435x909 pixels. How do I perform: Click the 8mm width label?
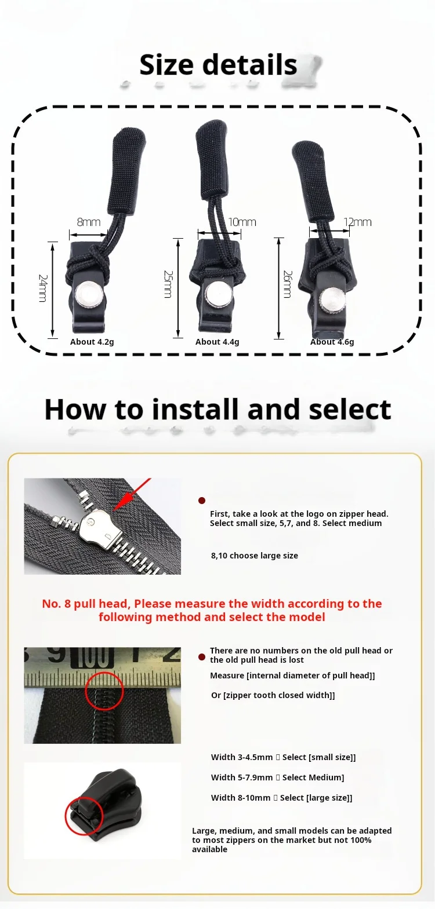pyautogui.click(x=89, y=222)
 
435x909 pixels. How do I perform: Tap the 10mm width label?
pyautogui.click(x=242, y=222)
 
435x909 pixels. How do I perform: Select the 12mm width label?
pyautogui.click(x=357, y=222)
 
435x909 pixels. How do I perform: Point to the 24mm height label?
pyautogui.click(x=43, y=288)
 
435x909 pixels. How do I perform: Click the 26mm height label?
pyautogui.click(x=288, y=284)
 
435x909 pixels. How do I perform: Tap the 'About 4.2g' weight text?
pyautogui.click(x=92, y=342)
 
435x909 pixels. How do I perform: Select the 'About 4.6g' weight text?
pyautogui.click(x=332, y=342)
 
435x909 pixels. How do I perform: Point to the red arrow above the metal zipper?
pyautogui.click(x=132, y=494)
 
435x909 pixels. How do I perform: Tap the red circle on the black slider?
pyautogui.click(x=84, y=816)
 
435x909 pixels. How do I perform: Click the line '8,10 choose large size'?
pyautogui.click(x=254, y=556)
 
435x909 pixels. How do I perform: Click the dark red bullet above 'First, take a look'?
pyautogui.click(x=201, y=501)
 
